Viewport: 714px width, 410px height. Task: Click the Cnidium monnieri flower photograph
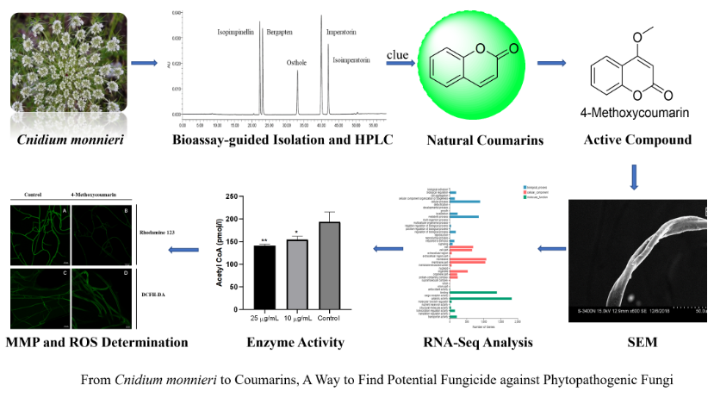(x=68, y=66)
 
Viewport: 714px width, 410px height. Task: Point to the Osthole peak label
(x=297, y=62)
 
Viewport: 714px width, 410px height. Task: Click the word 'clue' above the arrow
(x=397, y=55)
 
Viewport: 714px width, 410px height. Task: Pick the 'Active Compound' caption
(x=636, y=140)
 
